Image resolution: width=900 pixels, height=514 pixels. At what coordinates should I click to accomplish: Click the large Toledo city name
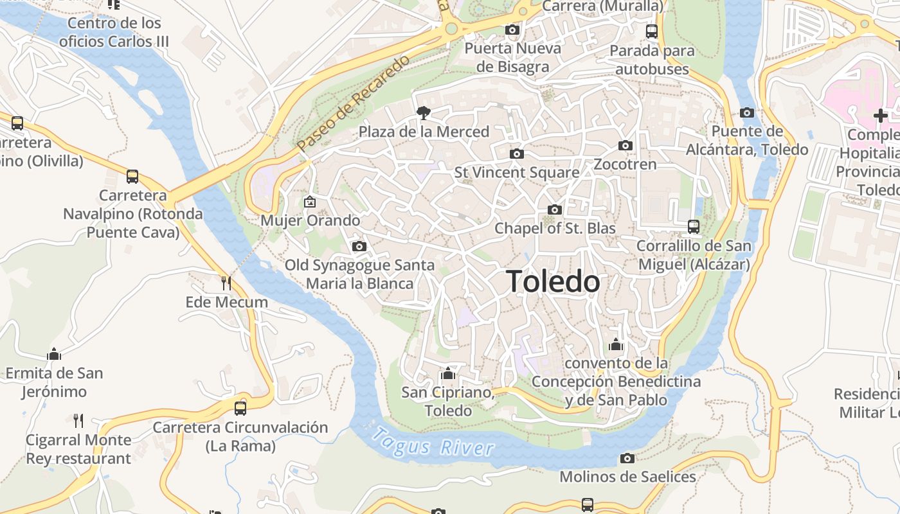(x=553, y=281)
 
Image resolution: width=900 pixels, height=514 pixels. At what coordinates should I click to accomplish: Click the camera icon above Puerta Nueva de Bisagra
(x=512, y=30)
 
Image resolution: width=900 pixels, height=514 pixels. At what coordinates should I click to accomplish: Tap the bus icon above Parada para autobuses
(x=652, y=31)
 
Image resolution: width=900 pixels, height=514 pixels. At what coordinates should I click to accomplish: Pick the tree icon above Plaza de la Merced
(x=423, y=113)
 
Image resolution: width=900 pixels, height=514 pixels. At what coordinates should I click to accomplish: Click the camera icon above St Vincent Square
(x=516, y=154)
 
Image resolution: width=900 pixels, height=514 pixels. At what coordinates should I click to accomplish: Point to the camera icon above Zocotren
(x=625, y=145)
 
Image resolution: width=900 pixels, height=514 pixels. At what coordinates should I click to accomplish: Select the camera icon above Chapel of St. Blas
(x=554, y=209)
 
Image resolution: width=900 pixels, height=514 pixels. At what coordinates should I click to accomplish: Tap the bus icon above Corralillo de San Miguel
(x=693, y=226)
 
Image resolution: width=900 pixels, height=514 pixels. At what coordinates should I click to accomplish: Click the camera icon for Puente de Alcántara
(x=746, y=112)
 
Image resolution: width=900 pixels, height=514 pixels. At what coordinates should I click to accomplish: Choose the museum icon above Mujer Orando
(x=310, y=202)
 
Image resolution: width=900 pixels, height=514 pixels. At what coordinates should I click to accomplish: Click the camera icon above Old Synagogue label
(x=359, y=246)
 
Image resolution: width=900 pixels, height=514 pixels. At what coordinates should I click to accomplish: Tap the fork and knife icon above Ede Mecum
(x=226, y=283)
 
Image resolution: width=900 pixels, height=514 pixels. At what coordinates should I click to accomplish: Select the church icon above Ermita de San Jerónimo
(x=54, y=353)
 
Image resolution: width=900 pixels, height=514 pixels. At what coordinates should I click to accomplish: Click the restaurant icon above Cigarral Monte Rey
(x=78, y=421)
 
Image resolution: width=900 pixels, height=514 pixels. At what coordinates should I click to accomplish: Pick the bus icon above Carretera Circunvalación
(x=240, y=408)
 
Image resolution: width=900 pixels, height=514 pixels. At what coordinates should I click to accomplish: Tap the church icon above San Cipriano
(x=448, y=373)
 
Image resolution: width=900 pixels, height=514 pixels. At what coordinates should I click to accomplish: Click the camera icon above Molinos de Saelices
(x=627, y=458)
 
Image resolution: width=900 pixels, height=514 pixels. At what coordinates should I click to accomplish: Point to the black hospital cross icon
(x=880, y=116)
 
